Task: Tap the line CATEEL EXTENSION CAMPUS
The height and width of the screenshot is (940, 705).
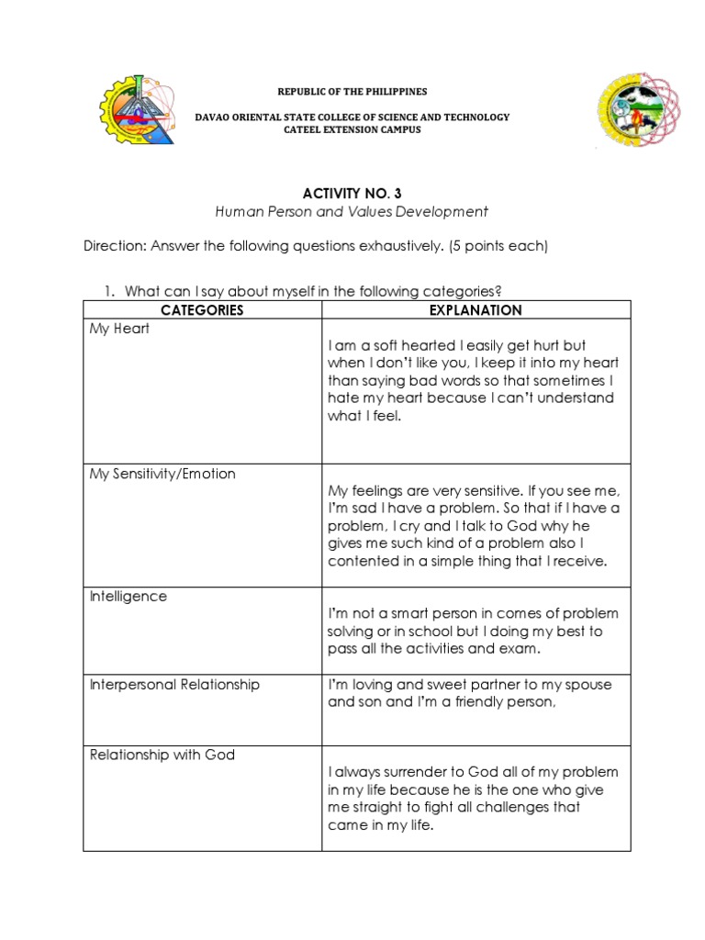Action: (352, 130)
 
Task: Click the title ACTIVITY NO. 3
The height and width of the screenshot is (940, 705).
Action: (352, 193)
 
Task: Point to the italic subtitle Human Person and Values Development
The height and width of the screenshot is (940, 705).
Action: (352, 212)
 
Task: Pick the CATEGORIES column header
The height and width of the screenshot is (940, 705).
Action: (202, 310)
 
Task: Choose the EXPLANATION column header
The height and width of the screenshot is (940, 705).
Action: (476, 310)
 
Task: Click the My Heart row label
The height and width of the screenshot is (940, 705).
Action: (119, 329)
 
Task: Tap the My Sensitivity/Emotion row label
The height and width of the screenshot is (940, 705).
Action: (162, 474)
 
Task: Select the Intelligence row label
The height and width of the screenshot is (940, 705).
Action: (129, 597)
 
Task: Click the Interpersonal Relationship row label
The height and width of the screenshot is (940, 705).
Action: (174, 685)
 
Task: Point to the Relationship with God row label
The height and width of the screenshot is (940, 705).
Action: (162, 755)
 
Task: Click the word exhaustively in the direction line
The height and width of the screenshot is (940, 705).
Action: (408, 246)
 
